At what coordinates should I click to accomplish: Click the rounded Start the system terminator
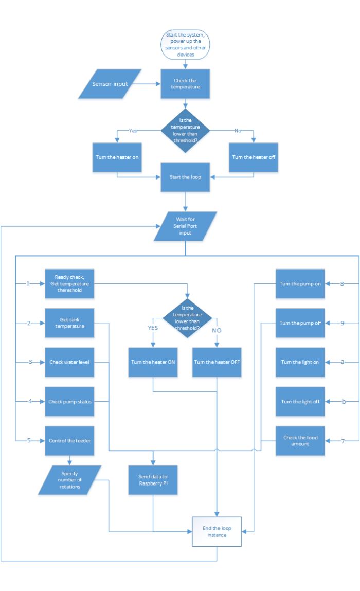pyautogui.click(x=186, y=44)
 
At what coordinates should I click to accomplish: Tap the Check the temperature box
pyautogui.click(x=186, y=84)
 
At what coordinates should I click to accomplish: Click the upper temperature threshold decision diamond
pyautogui.click(x=186, y=131)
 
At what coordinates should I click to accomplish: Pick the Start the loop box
pyautogui.click(x=186, y=177)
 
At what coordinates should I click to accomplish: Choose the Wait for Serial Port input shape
pyautogui.click(x=184, y=226)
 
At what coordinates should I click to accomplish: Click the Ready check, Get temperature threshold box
pyautogui.click(x=69, y=283)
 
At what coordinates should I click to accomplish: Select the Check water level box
pyautogui.click(x=69, y=362)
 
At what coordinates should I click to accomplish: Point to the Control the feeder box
pyautogui.click(x=69, y=441)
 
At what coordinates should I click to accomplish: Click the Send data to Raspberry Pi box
pyautogui.click(x=153, y=480)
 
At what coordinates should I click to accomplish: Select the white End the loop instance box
pyautogui.click(x=217, y=531)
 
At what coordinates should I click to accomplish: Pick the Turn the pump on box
pyautogui.click(x=300, y=283)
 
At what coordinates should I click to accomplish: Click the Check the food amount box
pyautogui.click(x=300, y=441)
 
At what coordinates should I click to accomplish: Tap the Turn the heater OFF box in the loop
pyautogui.click(x=217, y=362)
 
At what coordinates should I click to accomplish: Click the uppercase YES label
pyautogui.click(x=153, y=328)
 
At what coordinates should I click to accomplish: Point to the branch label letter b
pyautogui.click(x=343, y=401)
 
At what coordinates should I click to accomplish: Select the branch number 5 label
pyautogui.click(x=29, y=441)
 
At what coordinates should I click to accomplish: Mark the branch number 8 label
pyautogui.click(x=342, y=283)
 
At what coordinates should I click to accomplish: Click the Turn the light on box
pyautogui.click(x=300, y=362)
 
